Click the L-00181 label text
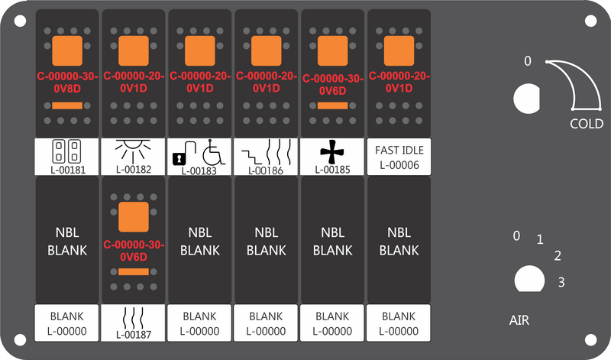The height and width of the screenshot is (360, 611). pos(67,170)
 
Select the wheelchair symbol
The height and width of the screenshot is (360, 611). pos(214,152)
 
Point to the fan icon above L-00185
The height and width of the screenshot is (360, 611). pos(332,151)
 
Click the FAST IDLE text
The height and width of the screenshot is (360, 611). pos(399,150)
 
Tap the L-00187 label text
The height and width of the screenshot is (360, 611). pos(133,335)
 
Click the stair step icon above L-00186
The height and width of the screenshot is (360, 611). pos(252,157)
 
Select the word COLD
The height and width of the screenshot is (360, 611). pos(587,124)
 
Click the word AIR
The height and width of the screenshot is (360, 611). pos(519,320)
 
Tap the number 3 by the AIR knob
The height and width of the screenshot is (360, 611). pos(561,282)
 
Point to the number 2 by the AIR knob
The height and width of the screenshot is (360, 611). pos(558,256)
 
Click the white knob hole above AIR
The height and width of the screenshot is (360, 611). pos(529,279)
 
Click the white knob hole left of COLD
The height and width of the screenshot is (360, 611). pos(527,99)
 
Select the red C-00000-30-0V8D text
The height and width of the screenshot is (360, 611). pos(67,83)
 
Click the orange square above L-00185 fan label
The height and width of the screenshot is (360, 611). pos(332,50)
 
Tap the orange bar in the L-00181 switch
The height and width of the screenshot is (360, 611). pos(67,105)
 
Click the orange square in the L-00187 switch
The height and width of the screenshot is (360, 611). pos(133,217)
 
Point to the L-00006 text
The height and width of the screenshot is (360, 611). pos(399,165)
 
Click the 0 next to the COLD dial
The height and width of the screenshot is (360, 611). pos(527,61)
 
